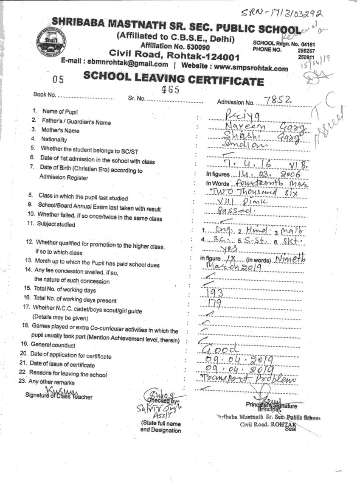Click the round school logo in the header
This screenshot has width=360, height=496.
tap(52, 39)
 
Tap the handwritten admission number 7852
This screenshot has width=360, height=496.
tap(278, 100)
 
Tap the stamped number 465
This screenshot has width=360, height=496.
tap(171, 90)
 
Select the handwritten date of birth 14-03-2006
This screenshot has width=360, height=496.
tap(266, 174)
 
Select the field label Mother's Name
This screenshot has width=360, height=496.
tap(60, 131)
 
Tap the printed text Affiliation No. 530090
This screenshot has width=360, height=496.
tap(175, 46)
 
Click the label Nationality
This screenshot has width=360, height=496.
tap(54, 139)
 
